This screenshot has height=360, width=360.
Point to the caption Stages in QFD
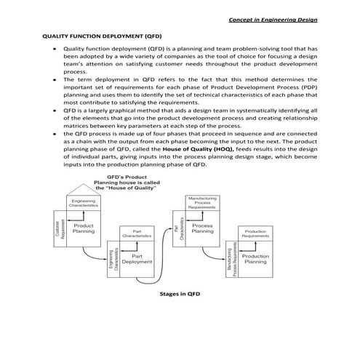[x=180, y=295]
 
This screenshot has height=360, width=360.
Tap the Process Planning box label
[x=201, y=228]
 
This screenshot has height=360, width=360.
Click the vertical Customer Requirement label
[x=59, y=228]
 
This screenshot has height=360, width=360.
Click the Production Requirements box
[x=255, y=234]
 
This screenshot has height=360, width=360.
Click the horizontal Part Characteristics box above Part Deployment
[x=136, y=234]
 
